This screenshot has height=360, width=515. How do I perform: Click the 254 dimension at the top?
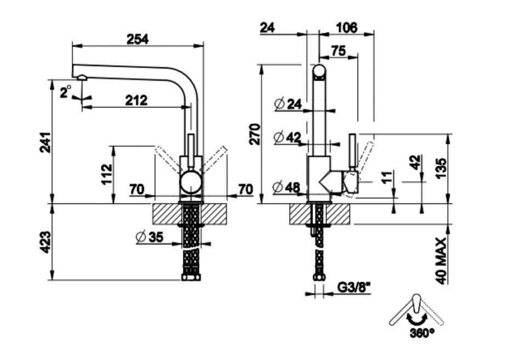138,39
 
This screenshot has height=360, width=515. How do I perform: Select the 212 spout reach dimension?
136,100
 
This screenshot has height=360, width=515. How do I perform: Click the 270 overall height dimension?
255,134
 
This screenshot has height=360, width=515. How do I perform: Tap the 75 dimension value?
338,50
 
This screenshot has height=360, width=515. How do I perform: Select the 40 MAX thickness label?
443,260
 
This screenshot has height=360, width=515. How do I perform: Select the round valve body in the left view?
191,181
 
